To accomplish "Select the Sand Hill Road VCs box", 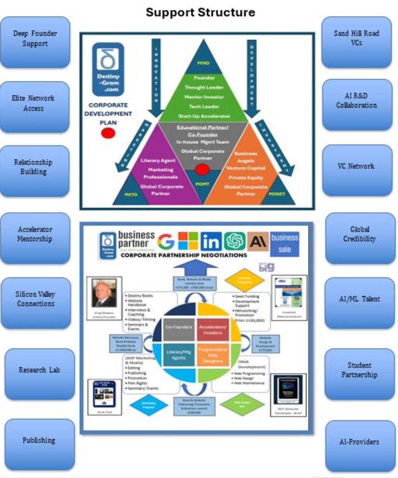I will (356, 38).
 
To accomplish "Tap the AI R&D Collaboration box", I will (356, 101).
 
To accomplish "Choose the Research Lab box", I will (39, 370).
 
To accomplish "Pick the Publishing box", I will (39, 441).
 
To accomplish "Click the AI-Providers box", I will (359, 442).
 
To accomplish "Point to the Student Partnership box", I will (359, 370).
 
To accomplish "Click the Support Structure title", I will (200, 12).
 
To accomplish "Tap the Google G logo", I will (166, 241).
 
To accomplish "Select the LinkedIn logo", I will (211, 241).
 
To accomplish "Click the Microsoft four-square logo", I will (188, 241).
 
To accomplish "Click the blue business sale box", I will (285, 243).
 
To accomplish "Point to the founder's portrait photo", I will (104, 294).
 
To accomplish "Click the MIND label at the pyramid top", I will (203, 63).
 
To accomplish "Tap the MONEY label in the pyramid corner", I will (277, 194).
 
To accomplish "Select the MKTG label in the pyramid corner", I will (131, 194).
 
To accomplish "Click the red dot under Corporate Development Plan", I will (108, 133).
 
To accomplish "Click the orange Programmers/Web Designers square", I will (213, 354).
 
